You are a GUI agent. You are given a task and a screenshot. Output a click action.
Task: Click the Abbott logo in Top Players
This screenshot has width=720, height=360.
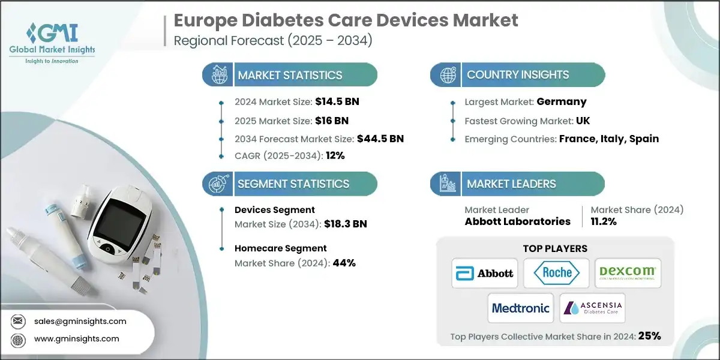pos(486,273)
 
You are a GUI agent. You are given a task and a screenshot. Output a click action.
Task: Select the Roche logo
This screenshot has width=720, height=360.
pos(556,273)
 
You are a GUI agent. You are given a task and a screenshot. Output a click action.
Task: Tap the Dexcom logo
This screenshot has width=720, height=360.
pos(628,273)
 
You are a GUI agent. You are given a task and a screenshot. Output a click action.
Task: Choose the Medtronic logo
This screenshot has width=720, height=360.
pos(520,308)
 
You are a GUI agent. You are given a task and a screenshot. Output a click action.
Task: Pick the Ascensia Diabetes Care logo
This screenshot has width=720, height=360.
pos(592,308)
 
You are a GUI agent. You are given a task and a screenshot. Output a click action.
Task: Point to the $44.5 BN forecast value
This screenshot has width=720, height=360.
pos(380,139)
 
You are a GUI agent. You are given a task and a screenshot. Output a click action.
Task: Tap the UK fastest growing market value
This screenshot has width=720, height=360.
pos(583,121)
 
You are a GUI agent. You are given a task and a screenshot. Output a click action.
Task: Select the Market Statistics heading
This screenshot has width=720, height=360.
pos(290,75)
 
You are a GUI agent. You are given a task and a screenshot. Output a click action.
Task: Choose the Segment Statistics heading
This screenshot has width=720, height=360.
pos(293,184)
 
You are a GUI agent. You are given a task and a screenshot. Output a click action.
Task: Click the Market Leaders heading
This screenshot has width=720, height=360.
pos(511,184)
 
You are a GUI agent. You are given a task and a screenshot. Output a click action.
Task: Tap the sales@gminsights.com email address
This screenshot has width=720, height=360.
pos(80,321)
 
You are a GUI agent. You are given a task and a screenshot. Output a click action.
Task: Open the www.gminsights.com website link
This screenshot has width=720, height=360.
pos(77,338)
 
